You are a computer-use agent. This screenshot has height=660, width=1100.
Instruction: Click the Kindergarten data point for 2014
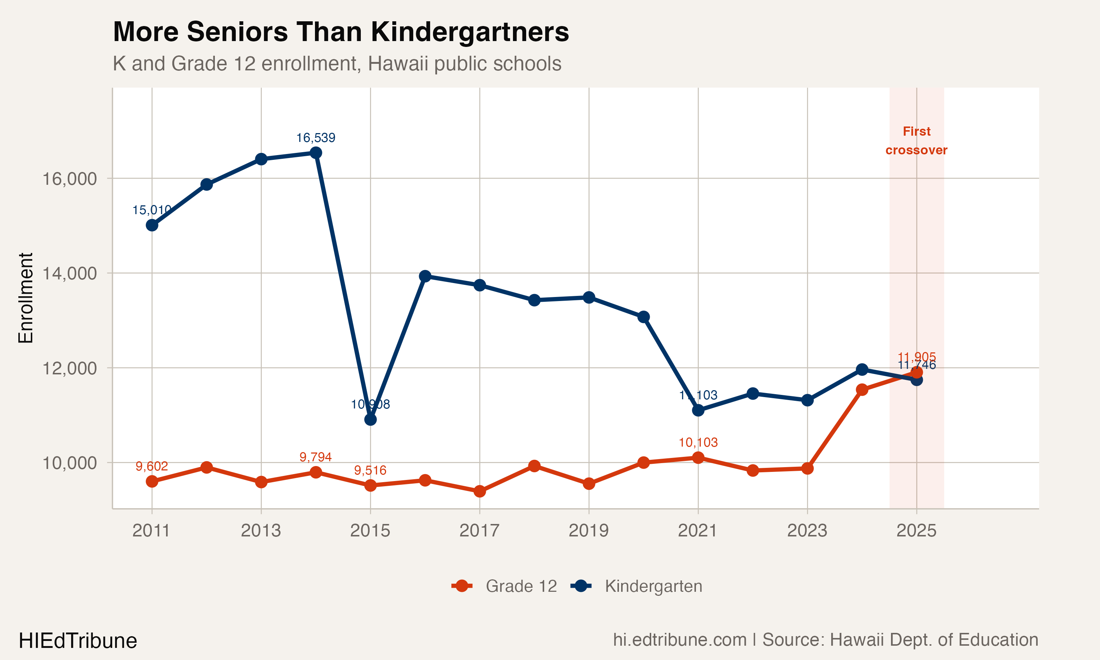tap(316, 153)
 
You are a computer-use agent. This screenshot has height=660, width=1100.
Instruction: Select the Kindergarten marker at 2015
tap(370, 419)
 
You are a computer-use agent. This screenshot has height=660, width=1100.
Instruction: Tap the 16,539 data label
tap(316, 138)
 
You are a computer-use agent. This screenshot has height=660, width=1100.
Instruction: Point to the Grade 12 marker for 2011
tap(152, 481)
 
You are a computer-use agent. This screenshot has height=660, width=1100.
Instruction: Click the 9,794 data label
tap(316, 457)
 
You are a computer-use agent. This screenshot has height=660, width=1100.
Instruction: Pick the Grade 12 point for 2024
tap(862, 390)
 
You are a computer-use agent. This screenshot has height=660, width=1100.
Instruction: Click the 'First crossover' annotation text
tap(916, 140)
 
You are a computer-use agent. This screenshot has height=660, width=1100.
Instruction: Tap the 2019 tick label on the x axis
tap(588, 531)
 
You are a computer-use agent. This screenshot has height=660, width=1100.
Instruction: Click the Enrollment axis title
tap(26, 298)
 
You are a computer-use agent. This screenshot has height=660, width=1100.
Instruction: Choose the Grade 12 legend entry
tap(505, 586)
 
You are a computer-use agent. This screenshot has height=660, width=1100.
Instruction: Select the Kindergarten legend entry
tap(637, 586)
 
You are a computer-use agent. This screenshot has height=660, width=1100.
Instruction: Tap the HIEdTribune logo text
tap(78, 641)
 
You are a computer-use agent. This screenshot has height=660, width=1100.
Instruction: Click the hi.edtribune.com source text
tap(679, 639)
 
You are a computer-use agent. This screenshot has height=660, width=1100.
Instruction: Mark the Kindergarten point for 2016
tap(425, 276)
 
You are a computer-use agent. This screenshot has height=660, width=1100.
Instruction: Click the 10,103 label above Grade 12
tap(698, 443)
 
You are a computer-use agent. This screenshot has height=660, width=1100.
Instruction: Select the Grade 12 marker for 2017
tap(480, 491)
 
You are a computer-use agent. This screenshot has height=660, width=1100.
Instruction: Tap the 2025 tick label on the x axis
tap(916, 531)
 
